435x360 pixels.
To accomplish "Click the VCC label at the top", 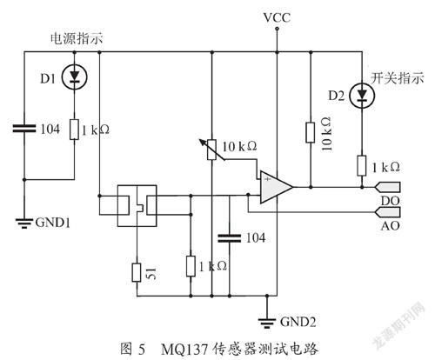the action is pyautogui.click(x=277, y=17).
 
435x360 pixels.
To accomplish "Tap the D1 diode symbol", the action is pyautogui.click(x=75, y=77).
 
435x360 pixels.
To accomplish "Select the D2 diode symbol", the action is pyautogui.click(x=362, y=95).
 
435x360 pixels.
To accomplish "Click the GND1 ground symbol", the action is pyautogui.click(x=24, y=223).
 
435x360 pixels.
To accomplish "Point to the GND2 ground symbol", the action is pyautogui.click(x=267, y=323).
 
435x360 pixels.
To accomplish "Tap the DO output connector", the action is pyautogui.click(x=388, y=187).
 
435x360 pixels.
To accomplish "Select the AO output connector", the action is pyautogui.click(x=388, y=212).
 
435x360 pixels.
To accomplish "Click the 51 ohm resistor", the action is pyautogui.click(x=137, y=272).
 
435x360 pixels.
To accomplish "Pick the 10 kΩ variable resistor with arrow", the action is pyautogui.click(x=212, y=150).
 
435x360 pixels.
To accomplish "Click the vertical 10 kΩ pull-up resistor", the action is pyautogui.click(x=311, y=132).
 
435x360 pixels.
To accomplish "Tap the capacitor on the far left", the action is pyautogui.click(x=24, y=129).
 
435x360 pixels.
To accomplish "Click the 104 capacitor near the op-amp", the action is pyautogui.click(x=230, y=238).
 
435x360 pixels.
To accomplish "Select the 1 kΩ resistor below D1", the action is pyautogui.click(x=75, y=130).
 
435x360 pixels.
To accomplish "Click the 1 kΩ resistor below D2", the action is pyautogui.click(x=362, y=165).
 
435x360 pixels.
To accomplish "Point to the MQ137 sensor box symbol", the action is pyautogui.click(x=137, y=205).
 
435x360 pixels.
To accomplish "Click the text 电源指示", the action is pyautogui.click(x=77, y=38).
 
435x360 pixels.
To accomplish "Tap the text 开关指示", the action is pyautogui.click(x=398, y=78).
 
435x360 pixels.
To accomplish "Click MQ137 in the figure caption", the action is pyautogui.click(x=184, y=350).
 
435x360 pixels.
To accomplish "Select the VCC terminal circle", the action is pyautogui.click(x=277, y=29).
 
